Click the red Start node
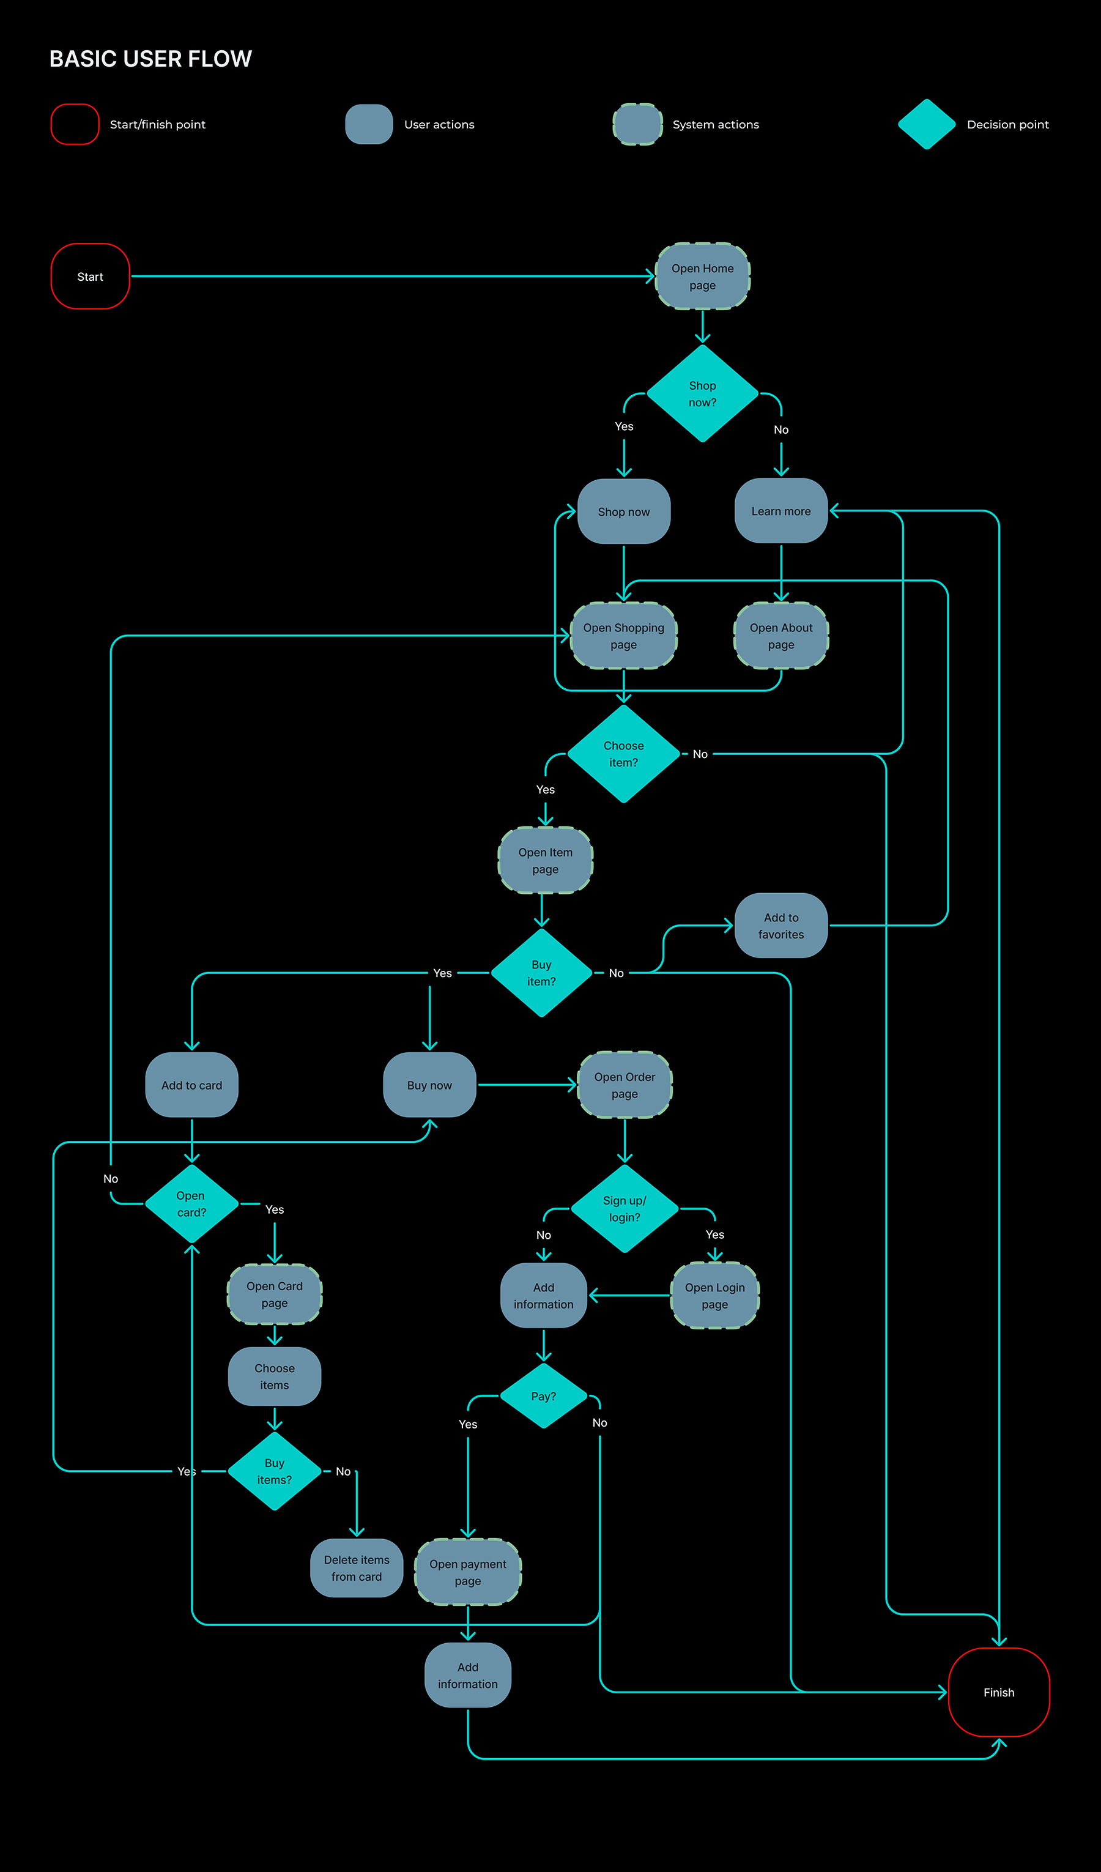pyautogui.click(x=90, y=277)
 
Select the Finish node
pyautogui.click(x=998, y=1692)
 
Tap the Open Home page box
pyautogui.click(x=702, y=277)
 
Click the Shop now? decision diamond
pyautogui.click(x=702, y=394)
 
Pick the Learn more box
pyautogui.click(x=781, y=511)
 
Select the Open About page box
pyautogui.click(x=781, y=636)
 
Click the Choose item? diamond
pyautogui.click(x=623, y=754)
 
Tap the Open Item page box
pyautogui.click(x=545, y=860)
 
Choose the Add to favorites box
pyautogui.click(x=781, y=926)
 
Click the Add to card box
pyautogui.click(x=191, y=1085)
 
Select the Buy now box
pyautogui.click(x=429, y=1085)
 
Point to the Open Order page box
pyautogui.click(x=625, y=1085)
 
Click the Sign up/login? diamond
pyautogui.click(x=625, y=1209)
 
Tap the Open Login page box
pyautogui.click(x=714, y=1296)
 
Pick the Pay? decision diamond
pyautogui.click(x=544, y=1396)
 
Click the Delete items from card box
pyautogui.click(x=357, y=1568)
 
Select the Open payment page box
pyautogui.click(x=468, y=1572)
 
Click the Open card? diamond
pyautogui.click(x=191, y=1203)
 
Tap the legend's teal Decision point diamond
pyautogui.click(x=927, y=124)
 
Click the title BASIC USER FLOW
pyautogui.click(x=151, y=59)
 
